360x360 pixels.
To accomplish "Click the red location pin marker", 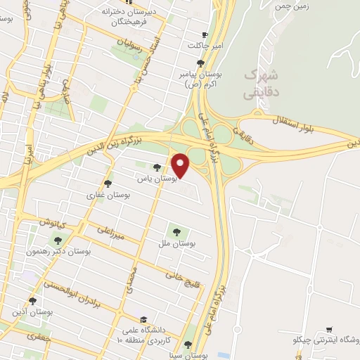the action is (x=181, y=165).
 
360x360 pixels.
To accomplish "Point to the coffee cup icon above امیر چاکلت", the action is (x=205, y=34).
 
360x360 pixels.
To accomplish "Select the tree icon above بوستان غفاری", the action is (x=108, y=183).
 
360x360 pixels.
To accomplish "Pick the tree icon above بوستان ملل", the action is (x=175, y=231).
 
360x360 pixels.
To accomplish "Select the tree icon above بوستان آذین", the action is (x=32, y=301).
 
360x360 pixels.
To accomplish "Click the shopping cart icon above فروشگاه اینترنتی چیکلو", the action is (x=329, y=328).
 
